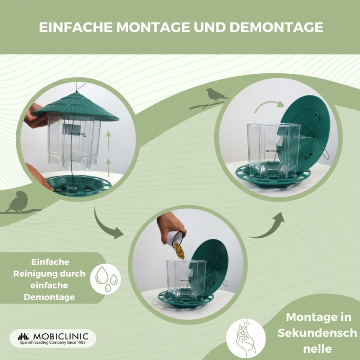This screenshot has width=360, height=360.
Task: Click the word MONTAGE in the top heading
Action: click(x=153, y=27)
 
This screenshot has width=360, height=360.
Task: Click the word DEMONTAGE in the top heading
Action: click(x=276, y=27)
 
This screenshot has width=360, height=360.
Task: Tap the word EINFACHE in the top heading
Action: click(x=76, y=27)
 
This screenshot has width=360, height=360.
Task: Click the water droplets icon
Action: click(x=105, y=279)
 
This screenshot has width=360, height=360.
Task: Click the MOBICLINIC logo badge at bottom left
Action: click(x=53, y=338)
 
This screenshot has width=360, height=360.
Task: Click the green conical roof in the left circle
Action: click(x=75, y=107)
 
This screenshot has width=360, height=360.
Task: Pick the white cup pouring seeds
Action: click(x=175, y=239)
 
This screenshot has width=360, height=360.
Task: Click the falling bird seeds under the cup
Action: click(x=179, y=251)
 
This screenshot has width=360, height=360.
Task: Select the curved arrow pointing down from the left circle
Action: click(x=106, y=227)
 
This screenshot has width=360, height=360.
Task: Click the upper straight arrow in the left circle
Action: click(x=108, y=140)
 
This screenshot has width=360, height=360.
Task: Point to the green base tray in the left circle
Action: click(x=78, y=185)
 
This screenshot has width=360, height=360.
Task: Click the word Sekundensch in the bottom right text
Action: click(x=317, y=333)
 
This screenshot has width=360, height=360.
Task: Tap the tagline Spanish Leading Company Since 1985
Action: click(x=53, y=342)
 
